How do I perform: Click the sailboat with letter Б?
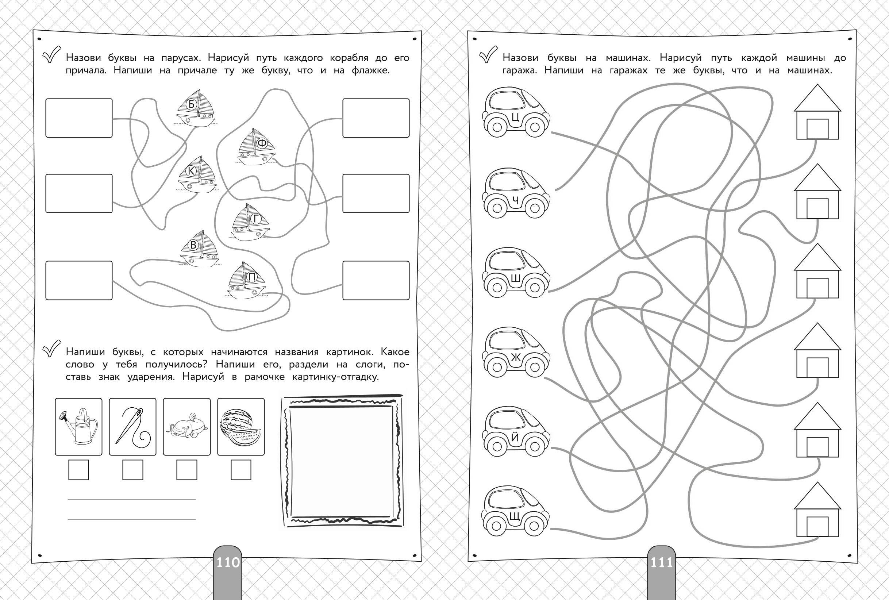tap(196, 109)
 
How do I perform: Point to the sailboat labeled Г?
tap(251, 222)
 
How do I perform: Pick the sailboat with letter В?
tap(199, 249)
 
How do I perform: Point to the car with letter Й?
tap(516, 431)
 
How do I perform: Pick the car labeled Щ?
tap(516, 511)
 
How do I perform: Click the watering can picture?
tap(79, 427)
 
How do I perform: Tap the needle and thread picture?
tap(133, 427)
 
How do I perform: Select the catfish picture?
tap(187, 427)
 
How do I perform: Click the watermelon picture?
tap(241, 427)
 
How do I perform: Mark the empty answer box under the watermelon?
tap(241, 470)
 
